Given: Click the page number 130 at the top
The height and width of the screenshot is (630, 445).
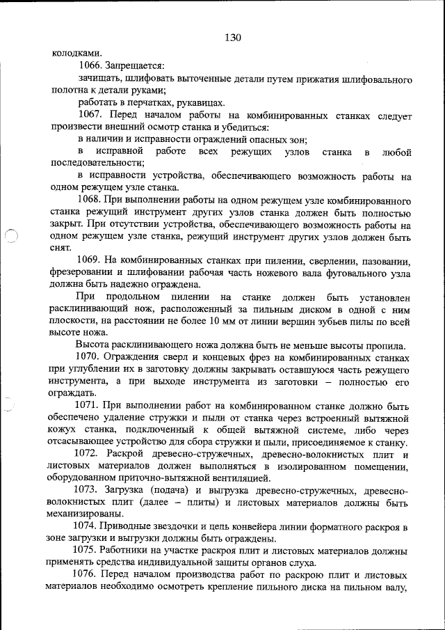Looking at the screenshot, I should [233, 38].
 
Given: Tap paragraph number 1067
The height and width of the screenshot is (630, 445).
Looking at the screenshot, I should [92, 113].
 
